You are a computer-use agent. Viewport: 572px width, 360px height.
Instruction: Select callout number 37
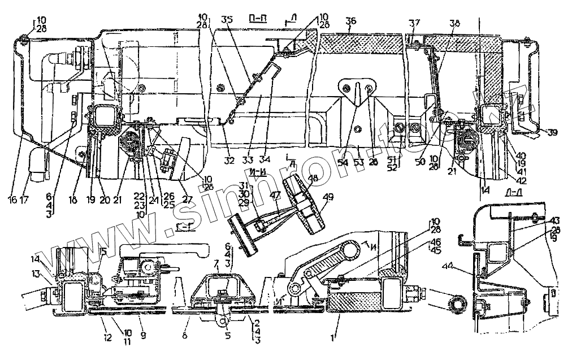[415, 23]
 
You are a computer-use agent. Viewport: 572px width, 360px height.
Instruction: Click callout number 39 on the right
[552, 133]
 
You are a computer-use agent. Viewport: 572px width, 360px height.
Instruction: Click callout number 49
[327, 198]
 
